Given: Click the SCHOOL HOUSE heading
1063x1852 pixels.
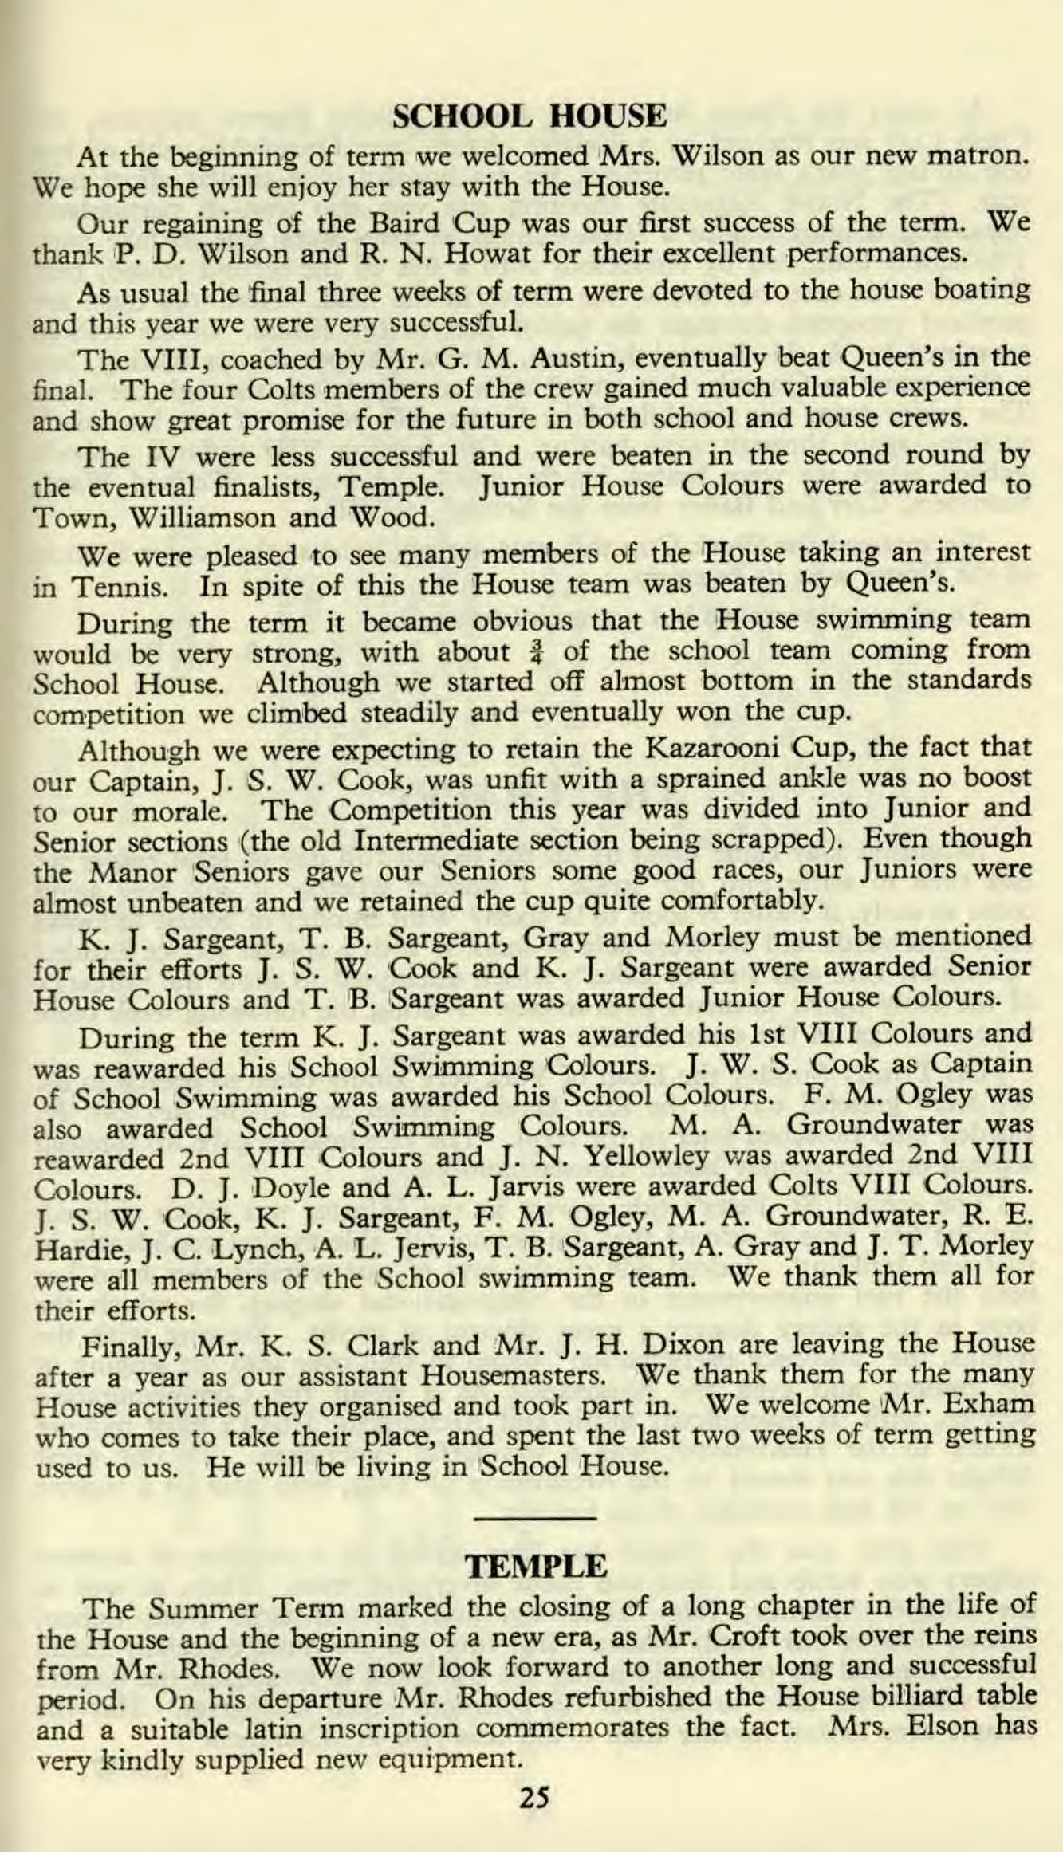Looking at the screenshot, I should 530,116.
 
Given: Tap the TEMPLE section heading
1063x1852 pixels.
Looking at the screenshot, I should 535,1567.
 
